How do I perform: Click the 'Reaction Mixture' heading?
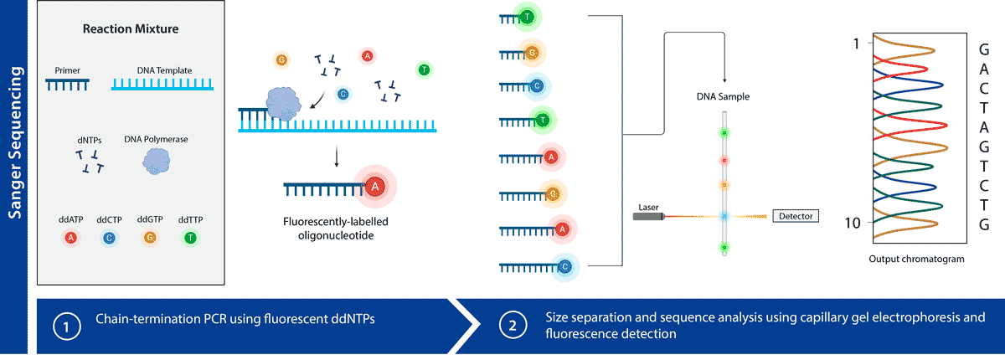131,28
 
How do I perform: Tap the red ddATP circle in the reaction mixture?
70,238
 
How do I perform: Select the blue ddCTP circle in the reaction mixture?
109,238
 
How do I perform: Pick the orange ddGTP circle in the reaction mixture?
150,238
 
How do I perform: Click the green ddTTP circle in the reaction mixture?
191,238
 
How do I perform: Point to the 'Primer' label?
67,70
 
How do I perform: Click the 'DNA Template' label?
164,70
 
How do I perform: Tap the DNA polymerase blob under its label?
156,162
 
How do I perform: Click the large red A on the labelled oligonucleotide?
375,187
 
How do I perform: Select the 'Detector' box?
796,216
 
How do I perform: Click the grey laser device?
648,217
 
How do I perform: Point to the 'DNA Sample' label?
723,97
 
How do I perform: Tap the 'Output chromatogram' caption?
916,260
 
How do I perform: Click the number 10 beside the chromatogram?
853,223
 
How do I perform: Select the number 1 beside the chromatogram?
856,44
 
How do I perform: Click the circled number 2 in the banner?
513,326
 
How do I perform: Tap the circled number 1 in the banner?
67,327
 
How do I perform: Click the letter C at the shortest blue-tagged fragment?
537,86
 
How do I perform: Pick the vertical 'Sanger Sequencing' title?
15,142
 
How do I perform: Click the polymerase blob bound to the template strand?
284,104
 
